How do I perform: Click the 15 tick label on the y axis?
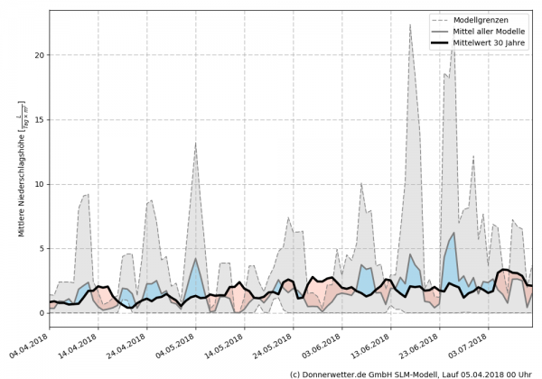[x=38, y=119]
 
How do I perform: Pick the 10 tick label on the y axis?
[x=38, y=184]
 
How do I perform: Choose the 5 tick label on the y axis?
[x=41, y=248]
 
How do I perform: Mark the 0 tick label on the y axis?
[x=41, y=313]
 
